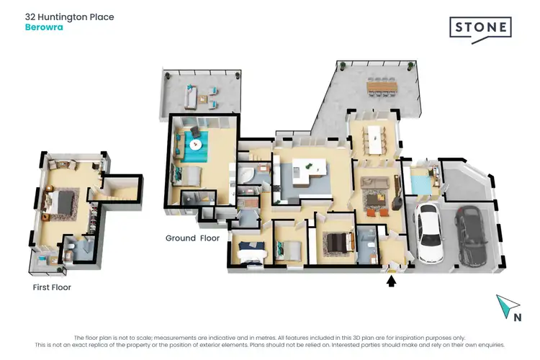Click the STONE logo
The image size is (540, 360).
(x=480, y=28)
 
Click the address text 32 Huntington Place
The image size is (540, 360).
(x=69, y=17)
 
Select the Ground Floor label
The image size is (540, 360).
(x=192, y=238)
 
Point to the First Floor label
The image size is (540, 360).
(x=52, y=287)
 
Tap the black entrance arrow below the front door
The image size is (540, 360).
(x=391, y=281)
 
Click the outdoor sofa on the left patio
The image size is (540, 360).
(x=189, y=95)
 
